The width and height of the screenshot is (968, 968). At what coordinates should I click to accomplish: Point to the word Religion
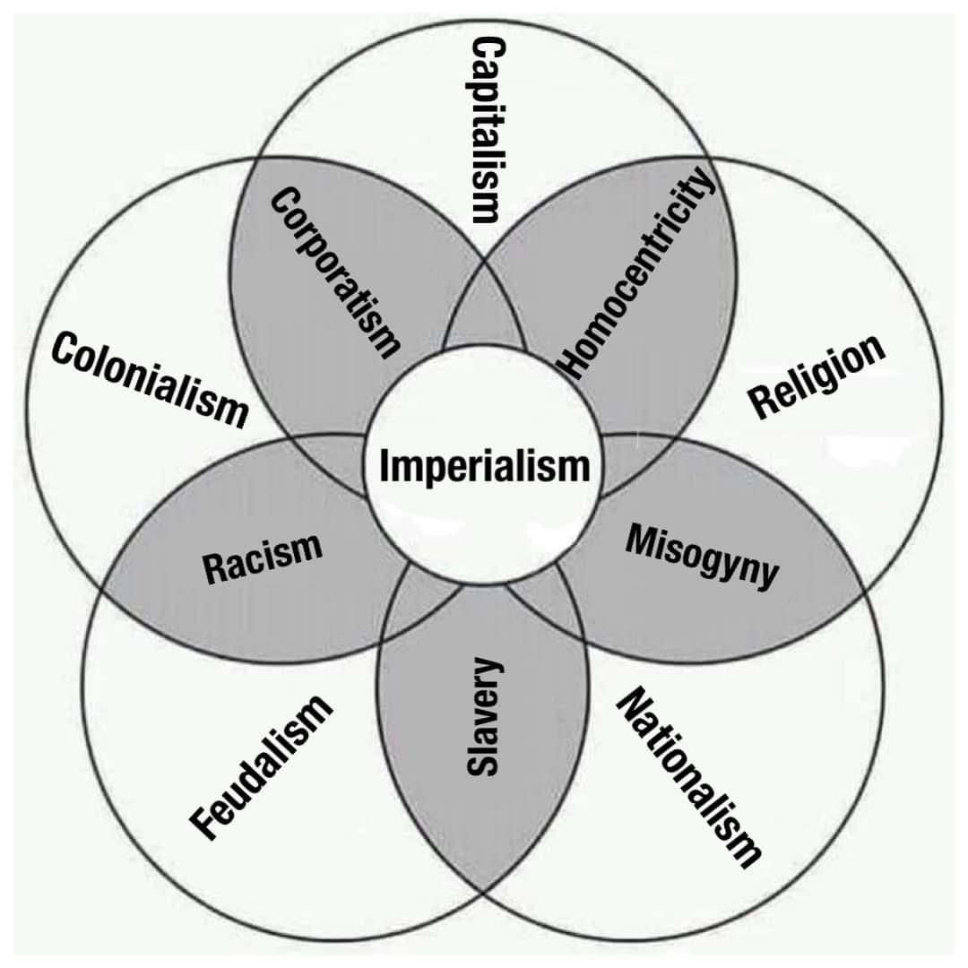(817, 376)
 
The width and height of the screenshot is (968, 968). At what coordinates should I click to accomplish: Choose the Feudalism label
(263, 768)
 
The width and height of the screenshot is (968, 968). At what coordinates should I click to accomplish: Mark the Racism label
(262, 557)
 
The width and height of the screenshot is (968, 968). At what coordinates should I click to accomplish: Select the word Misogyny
(702, 556)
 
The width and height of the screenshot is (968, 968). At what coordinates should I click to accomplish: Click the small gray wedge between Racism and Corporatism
(336, 457)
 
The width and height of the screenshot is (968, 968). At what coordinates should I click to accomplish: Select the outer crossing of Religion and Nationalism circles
(862, 592)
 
